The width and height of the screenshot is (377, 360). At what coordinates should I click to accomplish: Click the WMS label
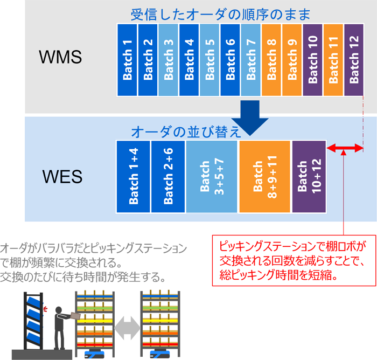click(x=60, y=57)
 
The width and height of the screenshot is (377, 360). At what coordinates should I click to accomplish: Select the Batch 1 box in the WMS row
click(x=127, y=60)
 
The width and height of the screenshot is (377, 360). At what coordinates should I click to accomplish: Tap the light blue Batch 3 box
click(x=169, y=60)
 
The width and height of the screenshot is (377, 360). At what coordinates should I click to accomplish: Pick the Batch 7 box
click(x=251, y=60)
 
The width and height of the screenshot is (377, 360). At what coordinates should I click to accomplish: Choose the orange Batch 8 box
click(x=271, y=60)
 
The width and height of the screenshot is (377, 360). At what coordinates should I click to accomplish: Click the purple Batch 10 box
click(x=313, y=60)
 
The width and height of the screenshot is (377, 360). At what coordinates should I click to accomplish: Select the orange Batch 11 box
click(x=333, y=60)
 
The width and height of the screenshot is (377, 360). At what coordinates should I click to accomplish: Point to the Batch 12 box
click(x=354, y=60)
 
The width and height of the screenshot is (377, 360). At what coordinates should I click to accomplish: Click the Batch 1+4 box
click(x=133, y=176)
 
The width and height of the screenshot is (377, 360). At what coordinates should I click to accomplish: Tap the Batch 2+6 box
click(x=167, y=176)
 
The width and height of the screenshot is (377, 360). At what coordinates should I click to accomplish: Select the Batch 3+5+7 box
click(x=211, y=176)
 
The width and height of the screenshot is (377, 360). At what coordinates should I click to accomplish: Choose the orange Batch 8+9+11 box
click(x=264, y=176)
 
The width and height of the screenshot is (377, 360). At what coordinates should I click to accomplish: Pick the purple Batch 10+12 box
click(x=309, y=176)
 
